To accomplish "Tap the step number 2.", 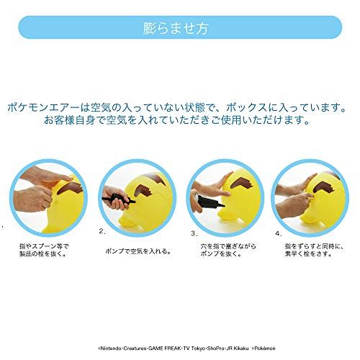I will [103, 231].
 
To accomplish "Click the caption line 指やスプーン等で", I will [45, 246].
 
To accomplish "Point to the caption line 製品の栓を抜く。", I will [44, 254].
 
